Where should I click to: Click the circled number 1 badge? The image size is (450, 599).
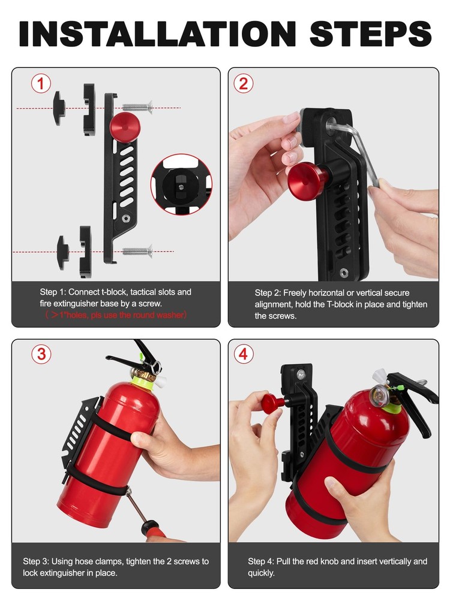click(41, 84)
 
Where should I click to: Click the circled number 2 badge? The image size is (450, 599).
click(243, 84)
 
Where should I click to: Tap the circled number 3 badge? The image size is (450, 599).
click(41, 354)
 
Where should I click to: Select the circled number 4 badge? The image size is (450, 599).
click(243, 354)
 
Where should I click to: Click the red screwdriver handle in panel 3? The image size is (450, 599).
click(153, 529)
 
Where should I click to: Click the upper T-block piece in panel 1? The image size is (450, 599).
click(59, 108)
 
